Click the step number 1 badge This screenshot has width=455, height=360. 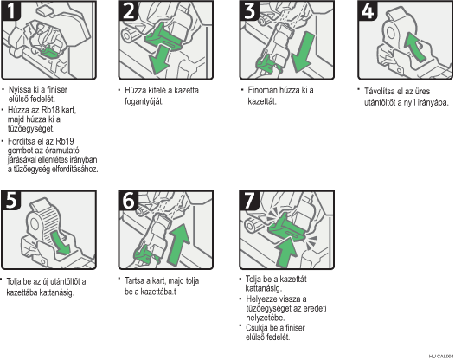point(11,10)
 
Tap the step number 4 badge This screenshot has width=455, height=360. point(368,10)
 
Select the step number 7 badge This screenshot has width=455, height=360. point(249,200)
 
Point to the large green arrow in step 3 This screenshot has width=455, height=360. point(303,52)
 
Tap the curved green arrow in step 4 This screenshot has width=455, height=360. point(414,47)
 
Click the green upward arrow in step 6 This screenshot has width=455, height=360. point(179,245)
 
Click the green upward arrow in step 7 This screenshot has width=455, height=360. point(286,251)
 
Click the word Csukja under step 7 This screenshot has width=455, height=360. point(257,328)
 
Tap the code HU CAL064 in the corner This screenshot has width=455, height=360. point(441,357)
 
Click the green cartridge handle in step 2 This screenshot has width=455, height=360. point(163,37)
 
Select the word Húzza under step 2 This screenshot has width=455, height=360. point(135,90)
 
